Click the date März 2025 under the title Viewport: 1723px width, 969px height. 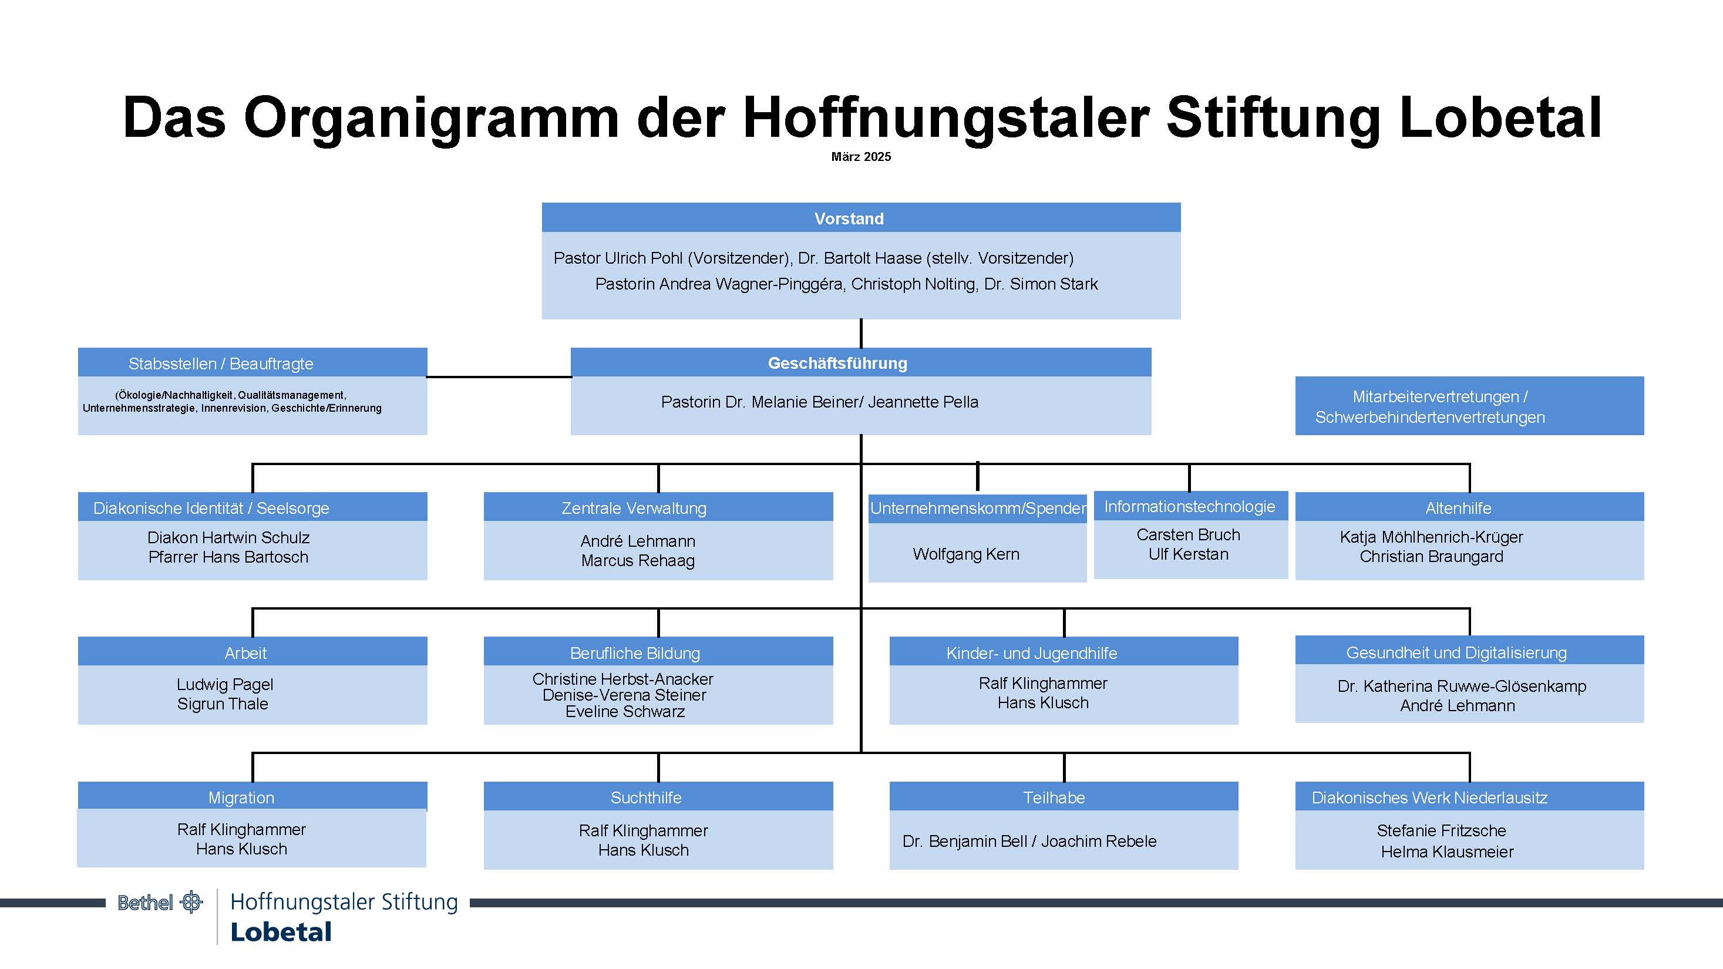coord(861,156)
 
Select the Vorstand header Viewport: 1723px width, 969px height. coord(861,218)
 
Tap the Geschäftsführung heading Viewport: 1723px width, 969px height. coord(861,362)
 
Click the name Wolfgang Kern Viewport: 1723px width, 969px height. coord(966,554)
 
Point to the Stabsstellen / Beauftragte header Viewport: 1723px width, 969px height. coord(252,362)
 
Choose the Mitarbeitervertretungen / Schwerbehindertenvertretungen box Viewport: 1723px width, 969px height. coord(1469,406)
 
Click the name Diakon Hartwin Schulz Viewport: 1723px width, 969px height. coord(228,538)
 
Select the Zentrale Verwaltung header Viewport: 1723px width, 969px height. coord(658,507)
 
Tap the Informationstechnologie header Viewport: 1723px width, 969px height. coord(1190,506)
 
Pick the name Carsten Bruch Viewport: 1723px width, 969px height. coord(1188,535)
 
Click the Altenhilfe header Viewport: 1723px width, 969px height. coord(1469,507)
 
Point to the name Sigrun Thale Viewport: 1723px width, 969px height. coord(223,704)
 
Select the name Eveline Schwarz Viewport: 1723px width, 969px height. coord(625,712)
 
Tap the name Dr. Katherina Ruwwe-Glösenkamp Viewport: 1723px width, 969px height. coord(1462,686)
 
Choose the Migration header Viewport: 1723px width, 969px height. coord(252,796)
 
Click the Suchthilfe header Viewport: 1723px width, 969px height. coord(658,796)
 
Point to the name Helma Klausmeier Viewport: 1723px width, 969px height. coord(1448,852)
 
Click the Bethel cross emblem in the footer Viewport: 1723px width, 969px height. coord(191,902)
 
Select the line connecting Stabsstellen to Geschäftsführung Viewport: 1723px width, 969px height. coord(499,377)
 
